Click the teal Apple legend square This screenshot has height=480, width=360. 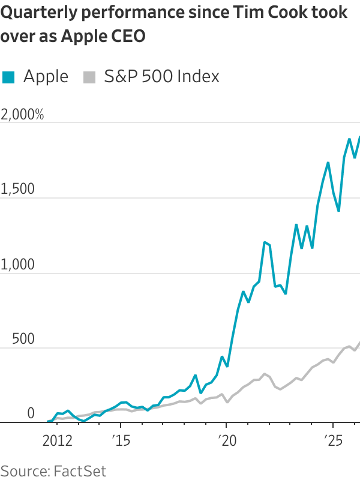(x=8, y=77)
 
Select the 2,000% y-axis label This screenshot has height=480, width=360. (x=23, y=115)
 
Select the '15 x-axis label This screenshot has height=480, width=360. (x=120, y=442)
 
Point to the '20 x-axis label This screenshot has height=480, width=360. (x=226, y=442)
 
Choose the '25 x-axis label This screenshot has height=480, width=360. (x=331, y=442)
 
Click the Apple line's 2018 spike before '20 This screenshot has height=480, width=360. (x=195, y=376)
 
